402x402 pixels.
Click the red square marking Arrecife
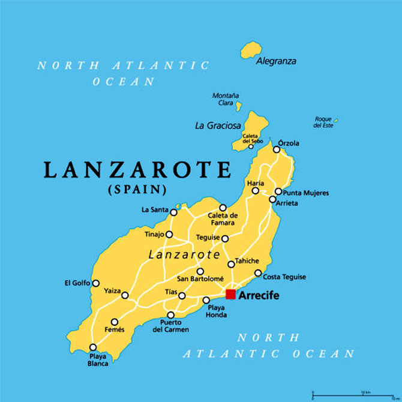click(x=230, y=294)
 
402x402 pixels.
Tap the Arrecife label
click(x=259, y=295)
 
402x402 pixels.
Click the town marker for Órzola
click(x=277, y=149)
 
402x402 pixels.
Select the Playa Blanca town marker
click(x=92, y=347)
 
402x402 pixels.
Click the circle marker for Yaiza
click(x=125, y=295)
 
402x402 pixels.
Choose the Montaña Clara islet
click(x=238, y=106)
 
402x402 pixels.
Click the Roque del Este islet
click(x=335, y=121)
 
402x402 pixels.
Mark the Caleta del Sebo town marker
click(x=251, y=146)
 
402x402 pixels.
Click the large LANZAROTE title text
click(x=137, y=170)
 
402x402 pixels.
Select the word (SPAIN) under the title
click(x=137, y=190)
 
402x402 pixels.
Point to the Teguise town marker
click(x=225, y=238)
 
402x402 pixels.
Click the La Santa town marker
click(x=174, y=212)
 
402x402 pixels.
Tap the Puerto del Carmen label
click(x=170, y=326)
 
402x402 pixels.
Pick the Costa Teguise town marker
click(x=258, y=273)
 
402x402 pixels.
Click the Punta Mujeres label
click(x=306, y=193)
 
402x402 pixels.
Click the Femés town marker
click(x=115, y=322)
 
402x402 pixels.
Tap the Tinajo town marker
click(x=169, y=235)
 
